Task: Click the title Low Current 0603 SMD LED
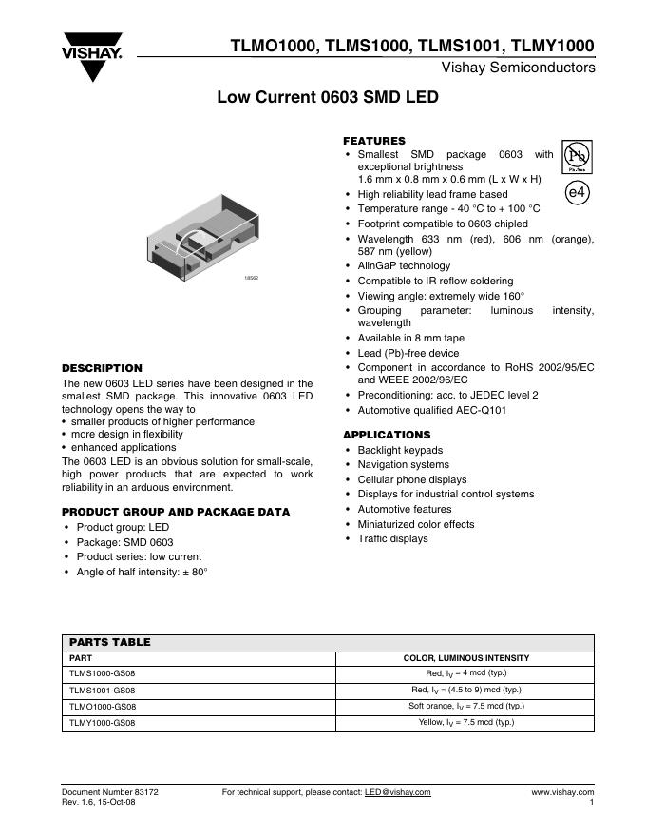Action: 328,97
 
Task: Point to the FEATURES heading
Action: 373,141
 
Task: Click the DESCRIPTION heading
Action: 102,368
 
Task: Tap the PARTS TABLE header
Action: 110,643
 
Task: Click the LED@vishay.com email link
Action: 397,792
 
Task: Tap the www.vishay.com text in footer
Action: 562,792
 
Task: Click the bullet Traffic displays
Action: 392,539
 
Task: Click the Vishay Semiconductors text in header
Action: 519,68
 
